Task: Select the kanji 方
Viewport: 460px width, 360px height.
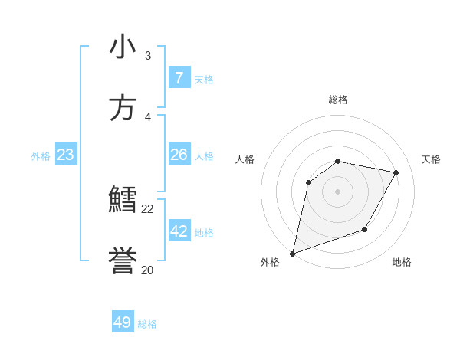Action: (x=123, y=108)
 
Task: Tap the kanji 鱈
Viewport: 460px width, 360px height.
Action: (x=123, y=201)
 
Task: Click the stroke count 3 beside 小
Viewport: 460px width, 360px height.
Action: (x=148, y=56)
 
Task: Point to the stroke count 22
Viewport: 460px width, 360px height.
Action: (x=148, y=208)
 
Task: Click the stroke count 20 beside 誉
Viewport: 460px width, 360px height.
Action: (x=148, y=270)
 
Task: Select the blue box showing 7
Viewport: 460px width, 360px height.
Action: (x=179, y=78)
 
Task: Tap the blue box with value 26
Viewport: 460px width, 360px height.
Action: (x=179, y=155)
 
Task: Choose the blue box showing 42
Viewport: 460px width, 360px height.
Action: (x=179, y=231)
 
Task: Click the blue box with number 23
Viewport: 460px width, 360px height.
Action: (x=65, y=155)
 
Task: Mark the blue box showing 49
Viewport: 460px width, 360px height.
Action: (x=123, y=322)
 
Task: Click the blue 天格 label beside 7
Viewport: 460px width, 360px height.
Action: (x=204, y=79)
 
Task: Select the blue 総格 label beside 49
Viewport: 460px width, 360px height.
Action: (x=147, y=323)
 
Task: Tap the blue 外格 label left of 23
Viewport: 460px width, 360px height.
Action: (x=41, y=155)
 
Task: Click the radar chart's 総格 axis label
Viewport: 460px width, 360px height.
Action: (x=338, y=100)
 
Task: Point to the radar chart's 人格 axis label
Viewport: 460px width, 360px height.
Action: (x=245, y=159)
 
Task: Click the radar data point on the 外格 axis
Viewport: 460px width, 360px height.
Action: (x=292, y=253)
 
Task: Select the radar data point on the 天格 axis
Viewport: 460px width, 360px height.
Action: (x=396, y=172)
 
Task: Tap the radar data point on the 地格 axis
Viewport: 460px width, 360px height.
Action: (x=366, y=229)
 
